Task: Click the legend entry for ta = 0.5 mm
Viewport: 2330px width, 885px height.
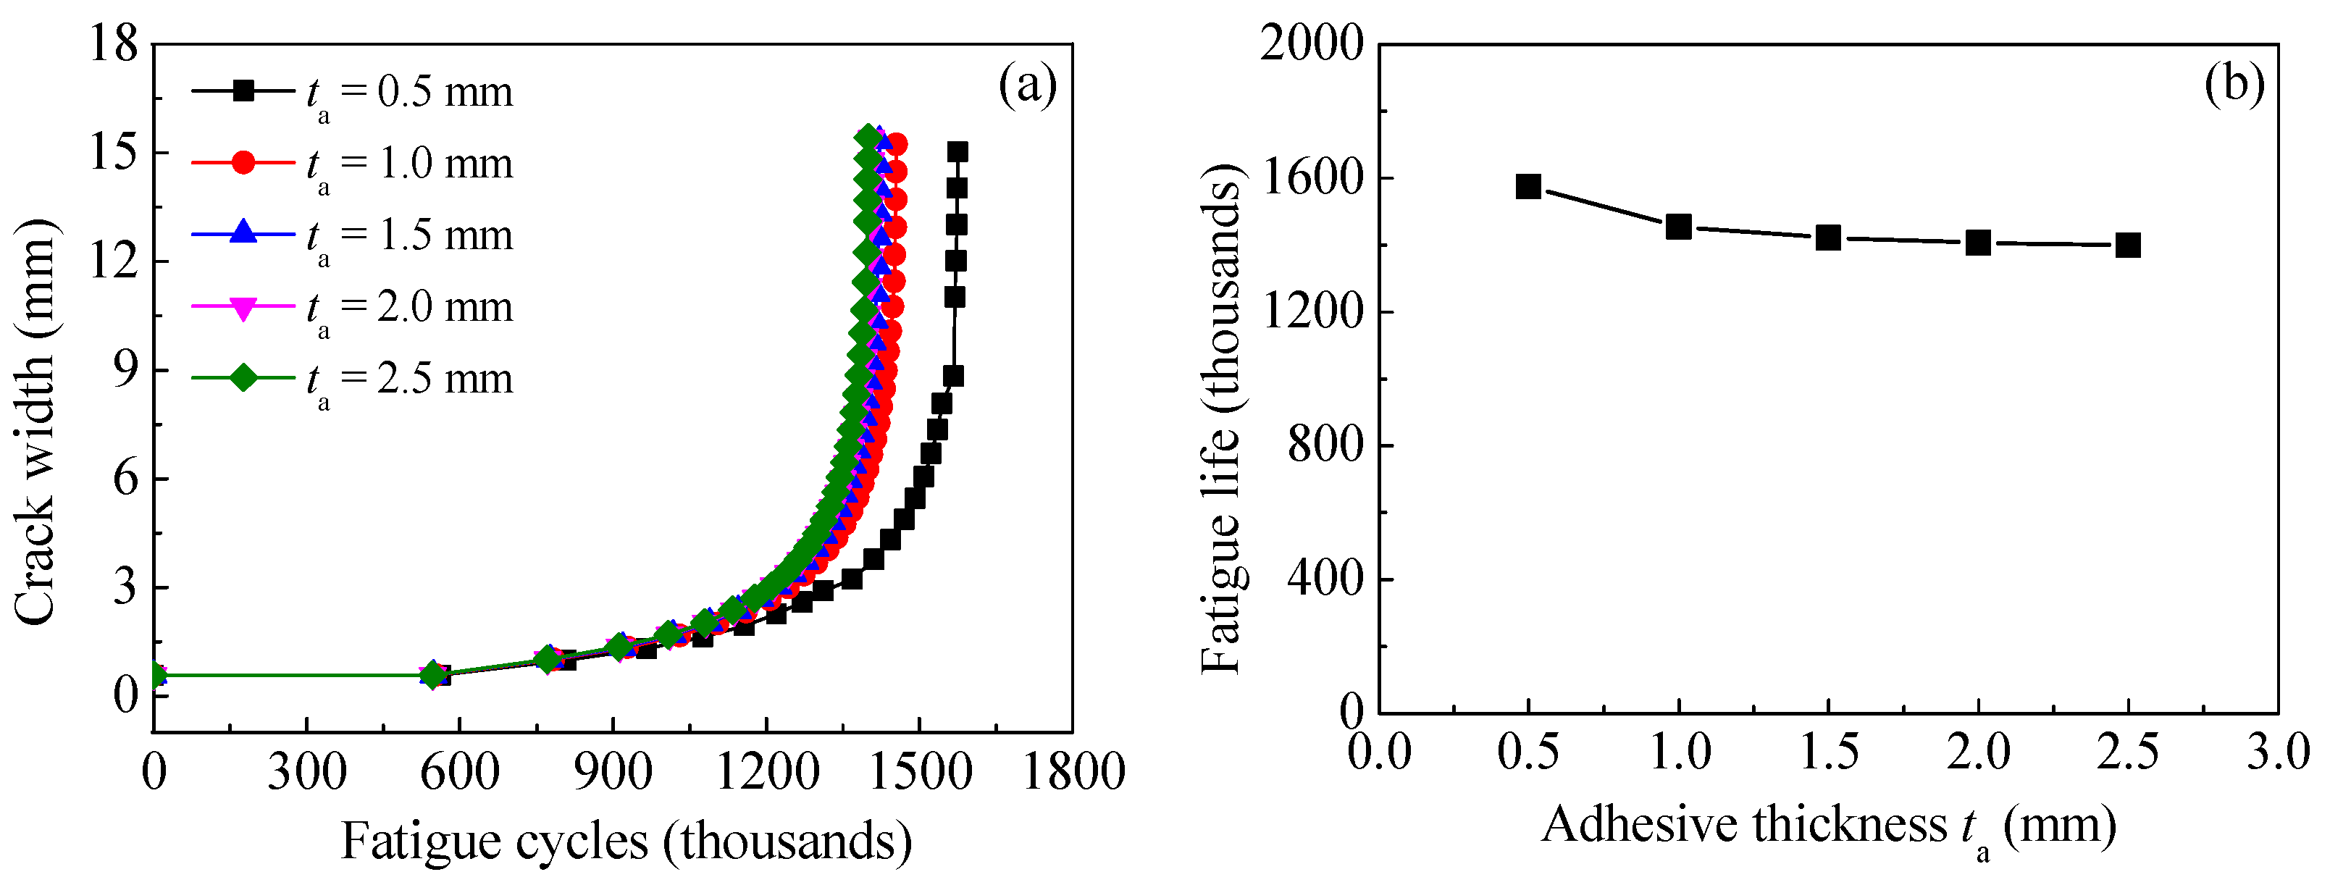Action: coord(353,92)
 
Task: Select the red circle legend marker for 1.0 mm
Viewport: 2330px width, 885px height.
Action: coord(243,163)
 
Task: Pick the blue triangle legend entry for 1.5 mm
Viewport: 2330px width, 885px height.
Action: coord(243,232)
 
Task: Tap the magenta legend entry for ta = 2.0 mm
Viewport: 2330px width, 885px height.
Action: coord(353,307)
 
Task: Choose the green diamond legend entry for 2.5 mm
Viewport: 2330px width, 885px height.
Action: coord(243,377)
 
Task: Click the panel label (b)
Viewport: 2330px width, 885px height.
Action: coord(2234,83)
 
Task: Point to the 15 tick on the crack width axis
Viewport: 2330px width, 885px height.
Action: coord(113,152)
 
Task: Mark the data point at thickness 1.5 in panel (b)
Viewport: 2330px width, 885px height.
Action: coord(1828,238)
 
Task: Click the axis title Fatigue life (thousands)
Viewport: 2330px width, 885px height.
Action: coord(1222,420)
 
